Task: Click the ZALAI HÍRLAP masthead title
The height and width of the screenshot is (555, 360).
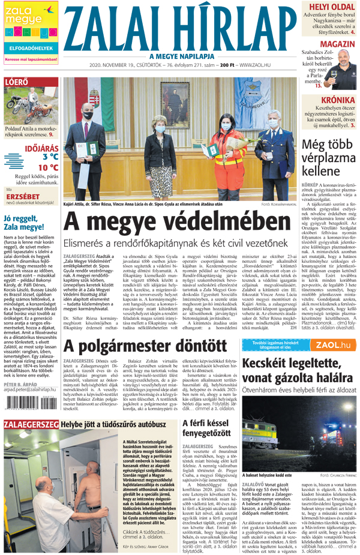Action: point(179,27)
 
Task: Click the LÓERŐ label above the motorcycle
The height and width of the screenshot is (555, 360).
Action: point(16,82)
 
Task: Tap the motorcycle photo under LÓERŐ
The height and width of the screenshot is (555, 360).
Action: point(30,107)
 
